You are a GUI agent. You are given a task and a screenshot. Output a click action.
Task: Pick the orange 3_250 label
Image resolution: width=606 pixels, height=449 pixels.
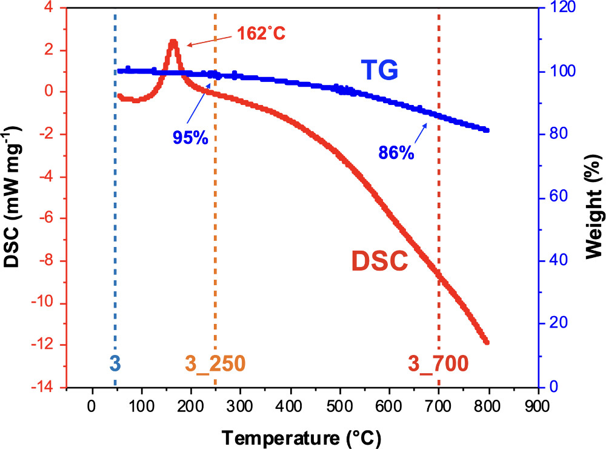215,363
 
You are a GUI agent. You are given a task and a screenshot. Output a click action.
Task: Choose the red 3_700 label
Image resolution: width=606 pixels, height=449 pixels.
438,363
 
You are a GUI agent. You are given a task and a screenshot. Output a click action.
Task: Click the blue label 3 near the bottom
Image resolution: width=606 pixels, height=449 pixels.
115,363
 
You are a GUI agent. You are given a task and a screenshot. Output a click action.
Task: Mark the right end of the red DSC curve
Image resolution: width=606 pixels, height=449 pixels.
486,342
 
